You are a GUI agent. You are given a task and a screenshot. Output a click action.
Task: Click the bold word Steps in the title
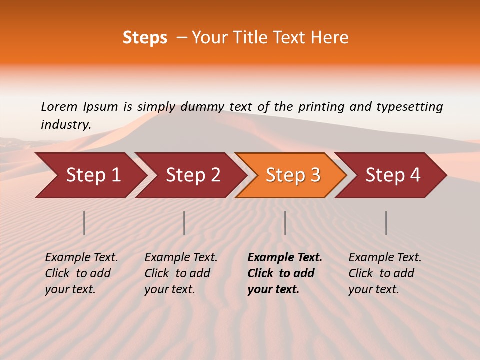point(145,38)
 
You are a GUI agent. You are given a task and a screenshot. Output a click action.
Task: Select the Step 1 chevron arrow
point(93,175)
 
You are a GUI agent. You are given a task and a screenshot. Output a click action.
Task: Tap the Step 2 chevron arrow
point(193,175)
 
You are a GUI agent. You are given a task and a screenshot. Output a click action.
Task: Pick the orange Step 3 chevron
point(293,175)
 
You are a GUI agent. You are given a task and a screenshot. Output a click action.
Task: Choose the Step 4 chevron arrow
point(393,175)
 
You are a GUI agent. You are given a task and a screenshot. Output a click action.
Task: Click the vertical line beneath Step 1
point(84,223)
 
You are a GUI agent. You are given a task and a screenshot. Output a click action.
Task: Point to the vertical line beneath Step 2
point(184,223)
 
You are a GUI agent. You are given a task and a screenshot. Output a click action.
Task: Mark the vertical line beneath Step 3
point(285,223)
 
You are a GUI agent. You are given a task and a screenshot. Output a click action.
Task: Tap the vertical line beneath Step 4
point(386,223)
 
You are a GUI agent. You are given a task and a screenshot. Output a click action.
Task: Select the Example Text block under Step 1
point(81,273)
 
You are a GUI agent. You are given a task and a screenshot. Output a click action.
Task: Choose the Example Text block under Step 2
point(181,273)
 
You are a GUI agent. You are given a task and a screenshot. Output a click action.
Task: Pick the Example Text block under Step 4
point(385,273)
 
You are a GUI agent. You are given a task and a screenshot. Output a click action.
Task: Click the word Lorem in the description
point(59,106)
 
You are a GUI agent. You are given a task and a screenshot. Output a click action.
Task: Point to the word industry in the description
point(66,124)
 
